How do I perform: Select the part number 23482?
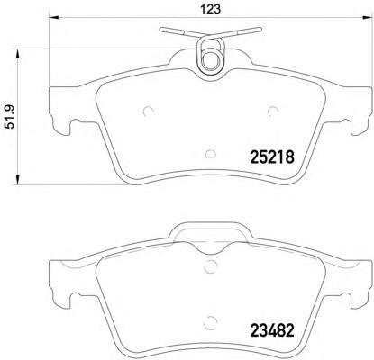[x=268, y=329]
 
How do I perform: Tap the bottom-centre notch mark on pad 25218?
[x=210, y=154]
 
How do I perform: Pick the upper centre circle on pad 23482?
[x=210, y=265]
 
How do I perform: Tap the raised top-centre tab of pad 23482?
[x=211, y=236]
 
